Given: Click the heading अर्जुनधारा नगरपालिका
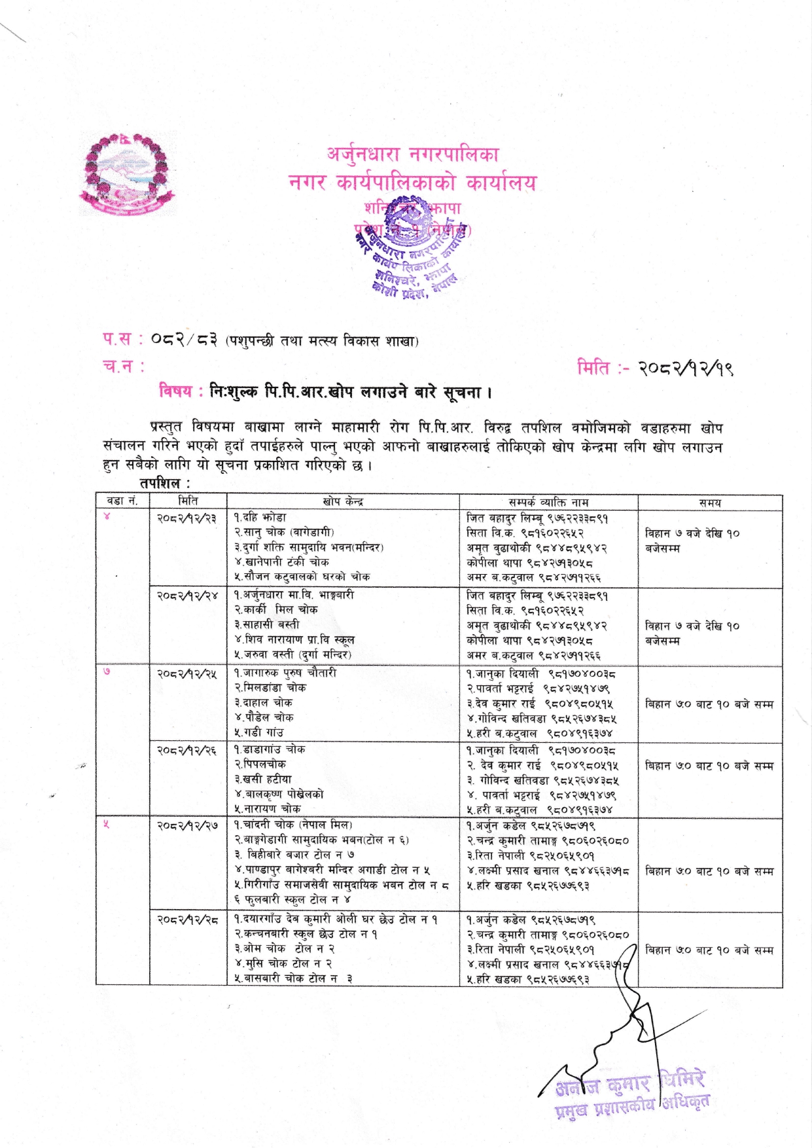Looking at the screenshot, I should pyautogui.click(x=412, y=154).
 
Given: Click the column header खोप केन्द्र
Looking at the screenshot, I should pyautogui.click(x=343, y=502).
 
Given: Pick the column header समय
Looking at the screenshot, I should pyautogui.click(x=709, y=503).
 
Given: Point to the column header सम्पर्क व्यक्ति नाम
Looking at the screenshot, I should pyautogui.click(x=548, y=502).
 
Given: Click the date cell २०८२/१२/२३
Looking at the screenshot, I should pyautogui.click(x=187, y=518).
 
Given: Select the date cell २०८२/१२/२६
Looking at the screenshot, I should pyautogui.click(x=187, y=750).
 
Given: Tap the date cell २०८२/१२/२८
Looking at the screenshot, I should pyautogui.click(x=187, y=920).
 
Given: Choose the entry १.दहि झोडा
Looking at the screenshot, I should pyautogui.click(x=260, y=518).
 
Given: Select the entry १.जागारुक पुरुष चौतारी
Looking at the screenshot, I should pyautogui.click(x=285, y=673).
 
